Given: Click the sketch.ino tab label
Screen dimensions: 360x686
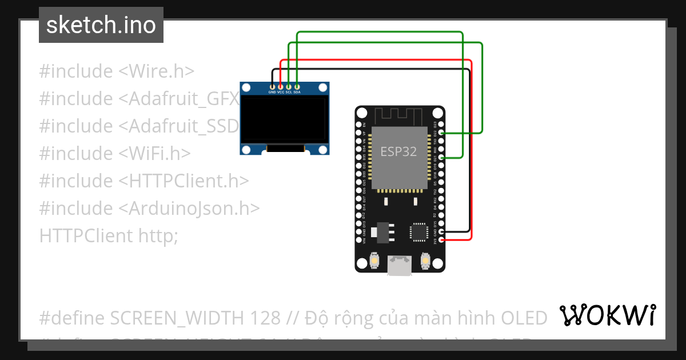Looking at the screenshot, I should (101, 25).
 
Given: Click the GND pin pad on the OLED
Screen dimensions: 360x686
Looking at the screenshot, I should (272, 86).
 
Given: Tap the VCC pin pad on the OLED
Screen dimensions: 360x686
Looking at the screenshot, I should (280, 86).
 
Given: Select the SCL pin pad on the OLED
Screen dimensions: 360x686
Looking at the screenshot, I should (289, 86).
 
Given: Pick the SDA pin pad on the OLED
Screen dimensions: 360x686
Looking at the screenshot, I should (297, 86).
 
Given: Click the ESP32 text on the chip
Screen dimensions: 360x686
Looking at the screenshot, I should (398, 152).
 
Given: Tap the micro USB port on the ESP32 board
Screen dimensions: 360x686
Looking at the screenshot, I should (398, 266).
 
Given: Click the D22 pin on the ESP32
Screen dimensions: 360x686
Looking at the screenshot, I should (440, 133).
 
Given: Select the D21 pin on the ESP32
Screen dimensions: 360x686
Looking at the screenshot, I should (440, 157).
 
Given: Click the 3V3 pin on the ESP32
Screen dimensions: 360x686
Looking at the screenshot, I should (440, 240).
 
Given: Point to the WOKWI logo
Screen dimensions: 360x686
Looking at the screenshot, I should (607, 315).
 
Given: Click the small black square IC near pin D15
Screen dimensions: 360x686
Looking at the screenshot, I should (418, 231).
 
